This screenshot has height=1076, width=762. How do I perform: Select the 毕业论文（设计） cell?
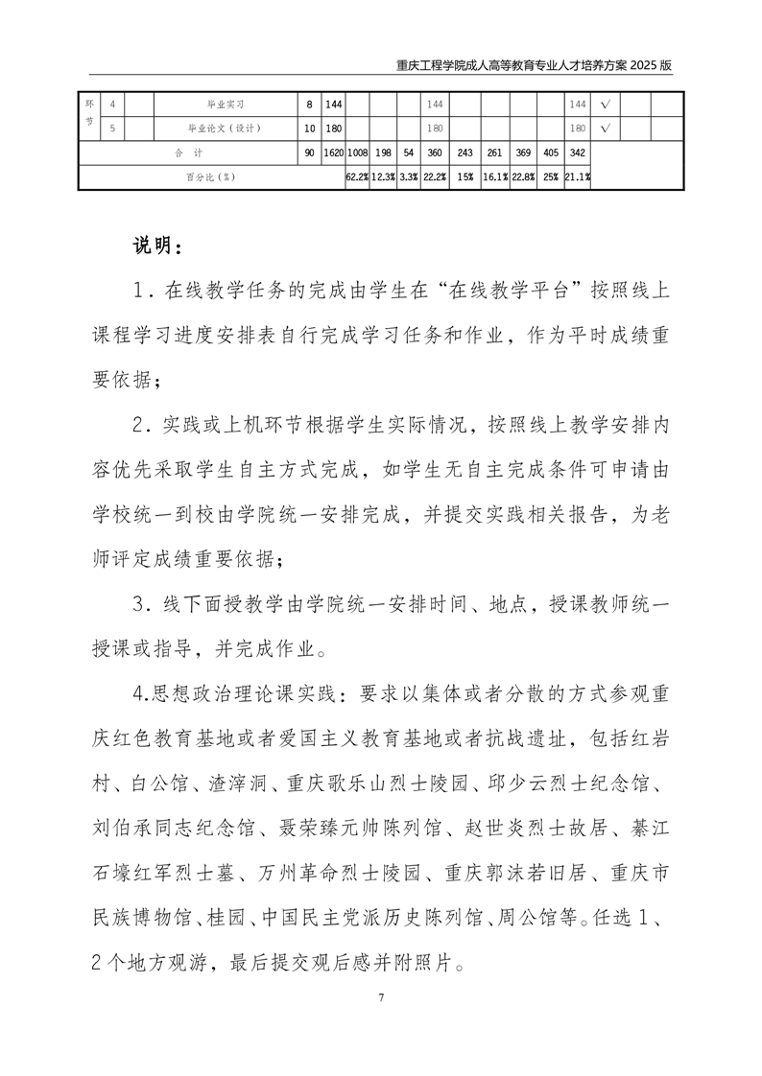click(x=225, y=128)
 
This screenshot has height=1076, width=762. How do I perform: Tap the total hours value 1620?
click(x=333, y=152)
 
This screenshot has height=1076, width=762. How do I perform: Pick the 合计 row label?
click(x=189, y=152)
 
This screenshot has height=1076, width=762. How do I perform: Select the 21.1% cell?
click(x=578, y=176)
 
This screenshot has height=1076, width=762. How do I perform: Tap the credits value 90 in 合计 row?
click(x=309, y=152)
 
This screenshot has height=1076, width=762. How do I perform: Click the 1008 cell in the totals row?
click(x=358, y=152)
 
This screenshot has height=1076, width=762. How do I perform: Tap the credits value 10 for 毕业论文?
click(x=309, y=128)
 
